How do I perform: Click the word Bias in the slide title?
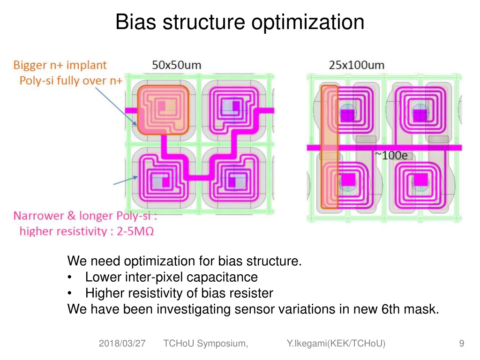pos(135,22)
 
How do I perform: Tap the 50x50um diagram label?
pos(177,65)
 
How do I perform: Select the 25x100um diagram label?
pos(357,65)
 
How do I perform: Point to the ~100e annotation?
pos(392,155)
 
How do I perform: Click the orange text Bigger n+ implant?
pos(60,65)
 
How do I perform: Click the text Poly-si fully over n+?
pos(71,81)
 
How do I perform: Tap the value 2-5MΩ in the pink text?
pos(135,231)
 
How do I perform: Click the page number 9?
pos(462,344)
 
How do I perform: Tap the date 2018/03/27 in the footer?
pos(122,344)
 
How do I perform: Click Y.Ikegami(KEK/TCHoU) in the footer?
pos(336,344)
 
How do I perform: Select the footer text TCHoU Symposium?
pos(205,344)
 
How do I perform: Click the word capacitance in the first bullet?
pos(222,277)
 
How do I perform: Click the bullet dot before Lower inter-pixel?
pos(70,277)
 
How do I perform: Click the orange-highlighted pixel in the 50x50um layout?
pos(163,110)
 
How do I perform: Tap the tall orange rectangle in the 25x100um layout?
pos(330,147)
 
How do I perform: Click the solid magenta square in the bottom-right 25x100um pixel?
pos(420,180)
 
